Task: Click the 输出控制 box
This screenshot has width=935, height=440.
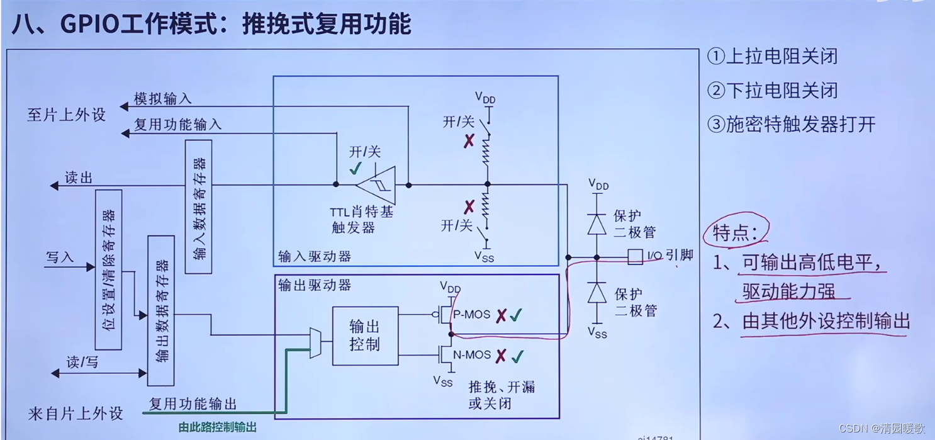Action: point(365,336)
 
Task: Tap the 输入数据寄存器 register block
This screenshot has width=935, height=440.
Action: point(199,206)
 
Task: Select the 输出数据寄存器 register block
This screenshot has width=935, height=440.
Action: point(160,310)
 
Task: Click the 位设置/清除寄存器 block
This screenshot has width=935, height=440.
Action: point(108,269)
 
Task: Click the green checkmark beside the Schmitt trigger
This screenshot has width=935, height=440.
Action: point(356,168)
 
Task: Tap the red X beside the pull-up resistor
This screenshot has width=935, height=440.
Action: point(469,141)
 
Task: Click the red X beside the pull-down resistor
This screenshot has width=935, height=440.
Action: point(469,206)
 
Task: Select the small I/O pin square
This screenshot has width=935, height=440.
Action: point(635,257)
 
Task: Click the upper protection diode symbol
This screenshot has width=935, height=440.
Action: point(596,225)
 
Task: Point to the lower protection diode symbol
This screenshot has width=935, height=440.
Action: point(596,293)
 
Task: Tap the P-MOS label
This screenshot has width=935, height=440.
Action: point(472,315)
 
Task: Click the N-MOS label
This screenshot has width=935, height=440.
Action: point(472,356)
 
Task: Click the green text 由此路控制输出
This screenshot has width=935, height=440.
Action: point(218,427)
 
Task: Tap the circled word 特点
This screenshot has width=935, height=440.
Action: point(736,233)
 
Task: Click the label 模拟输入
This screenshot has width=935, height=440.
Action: point(162,99)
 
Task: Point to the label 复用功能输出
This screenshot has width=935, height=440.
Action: point(193,403)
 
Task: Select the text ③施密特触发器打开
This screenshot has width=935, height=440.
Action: point(791,124)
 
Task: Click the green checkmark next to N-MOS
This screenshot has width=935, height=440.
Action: point(517,357)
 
